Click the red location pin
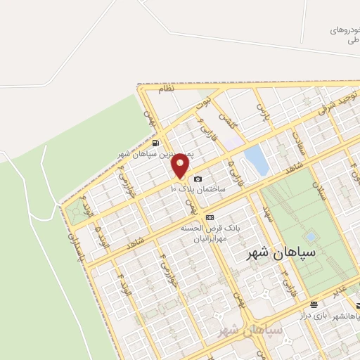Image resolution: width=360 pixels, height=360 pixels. tap(181, 165)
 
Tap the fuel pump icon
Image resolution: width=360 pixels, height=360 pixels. tap(155, 143)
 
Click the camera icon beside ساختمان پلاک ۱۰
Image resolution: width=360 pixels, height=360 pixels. tap(198, 179)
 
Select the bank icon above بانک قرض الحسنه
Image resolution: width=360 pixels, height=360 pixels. tap(210, 218)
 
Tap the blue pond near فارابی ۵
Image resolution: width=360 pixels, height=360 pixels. tap(257, 160)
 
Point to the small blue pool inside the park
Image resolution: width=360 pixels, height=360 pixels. tap(310, 237)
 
